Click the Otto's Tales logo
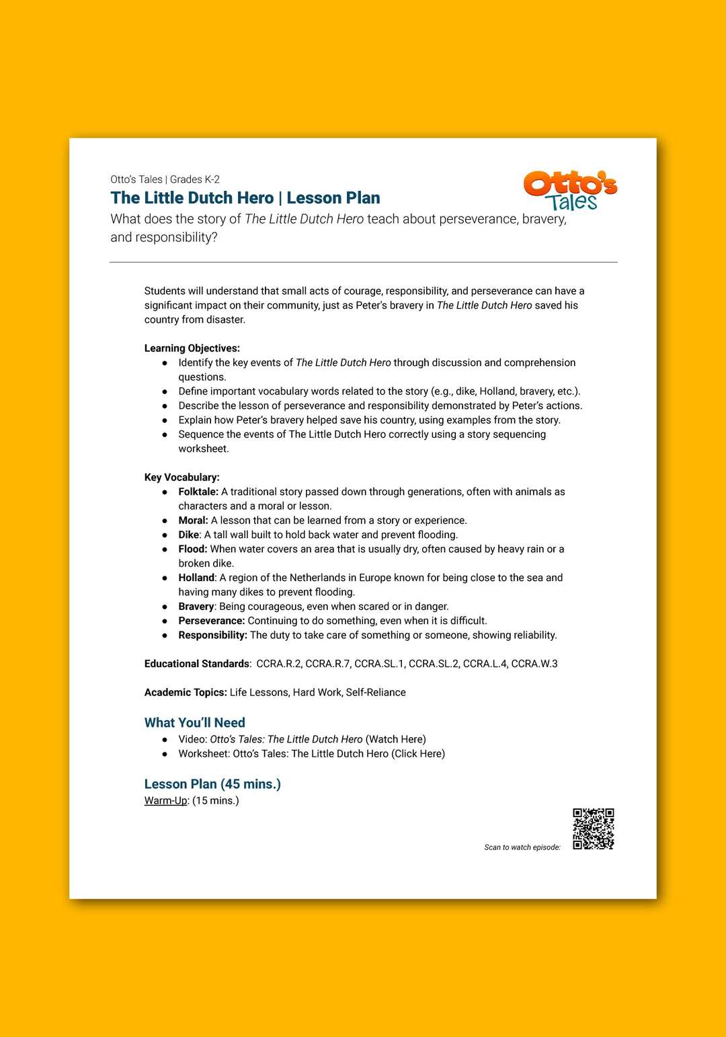point(570,190)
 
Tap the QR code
point(593,829)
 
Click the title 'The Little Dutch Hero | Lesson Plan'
point(245,198)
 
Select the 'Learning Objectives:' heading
point(192,348)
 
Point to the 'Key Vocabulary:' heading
point(182,477)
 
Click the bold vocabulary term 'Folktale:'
point(198,492)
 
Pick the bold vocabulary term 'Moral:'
point(193,521)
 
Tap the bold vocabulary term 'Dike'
point(189,535)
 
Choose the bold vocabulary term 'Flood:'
point(193,549)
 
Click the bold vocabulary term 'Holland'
point(196,578)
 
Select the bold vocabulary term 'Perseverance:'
point(211,621)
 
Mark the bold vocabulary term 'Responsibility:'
point(212,635)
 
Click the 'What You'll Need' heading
point(194,722)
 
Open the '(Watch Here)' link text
point(395,739)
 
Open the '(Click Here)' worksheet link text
point(418,753)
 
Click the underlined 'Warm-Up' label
point(165,800)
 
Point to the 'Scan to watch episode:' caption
point(522,847)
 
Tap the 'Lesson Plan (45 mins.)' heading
point(212,784)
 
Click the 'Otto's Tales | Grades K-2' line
point(165,180)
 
